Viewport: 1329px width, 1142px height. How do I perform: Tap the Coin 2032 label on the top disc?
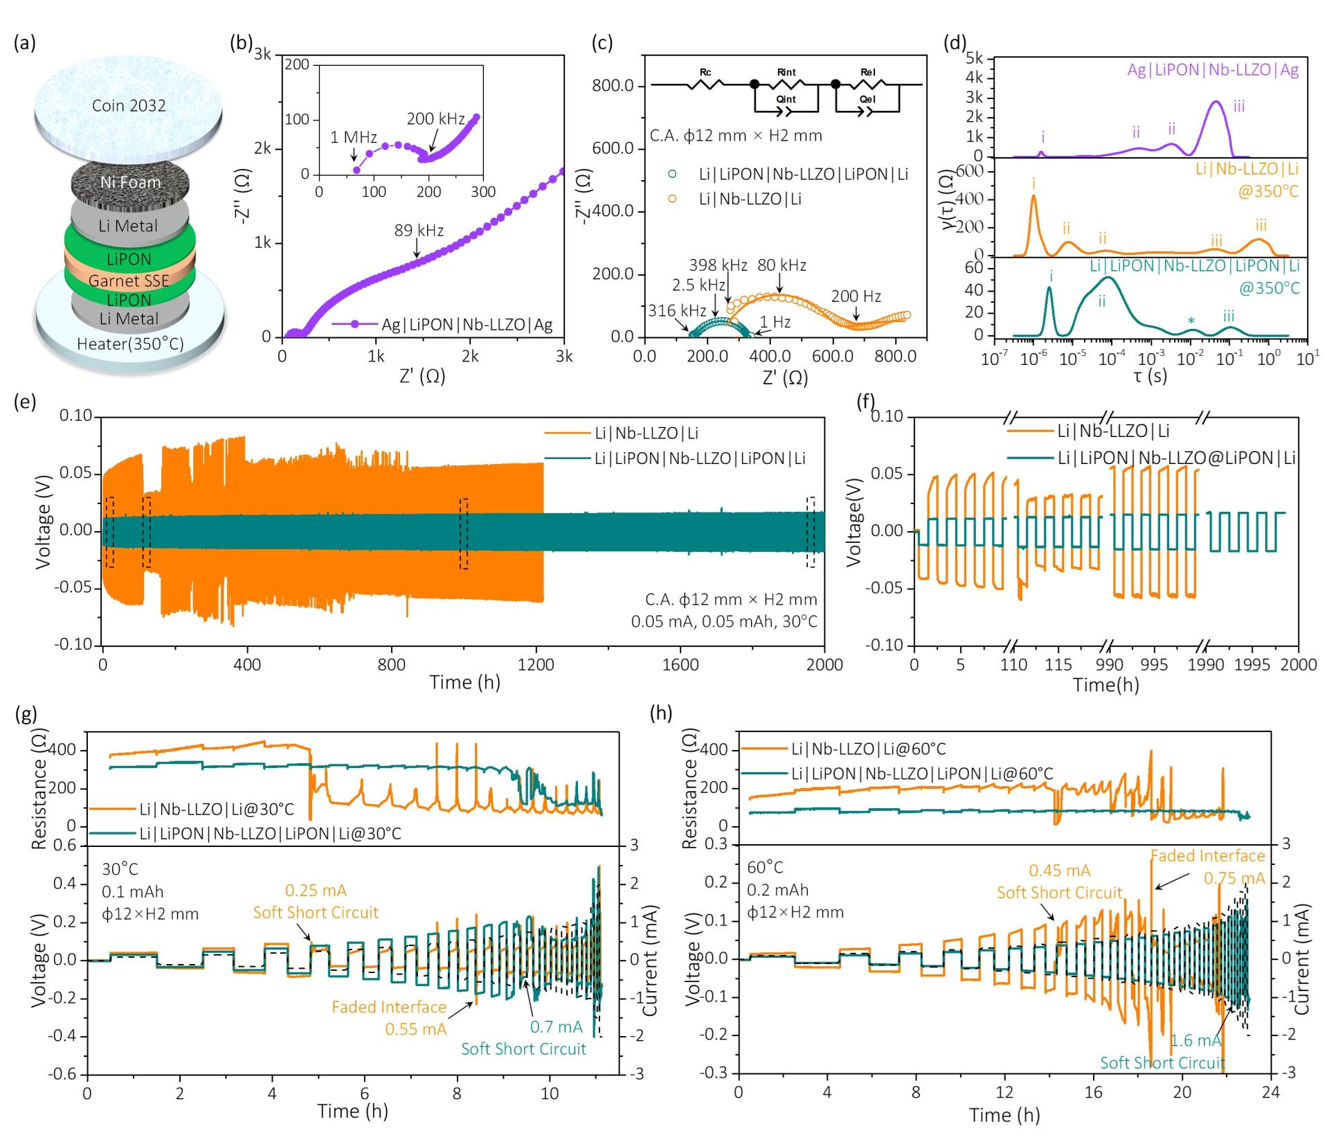[x=129, y=105]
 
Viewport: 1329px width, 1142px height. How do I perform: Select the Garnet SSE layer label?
[x=129, y=280]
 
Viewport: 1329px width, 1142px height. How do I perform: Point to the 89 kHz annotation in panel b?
[x=419, y=231]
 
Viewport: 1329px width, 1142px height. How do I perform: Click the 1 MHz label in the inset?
[x=353, y=138]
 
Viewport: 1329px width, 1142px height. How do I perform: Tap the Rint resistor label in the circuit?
[x=786, y=72]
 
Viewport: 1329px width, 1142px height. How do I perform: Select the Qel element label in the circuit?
[x=868, y=99]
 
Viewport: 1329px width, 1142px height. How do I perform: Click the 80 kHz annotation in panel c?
[x=782, y=265]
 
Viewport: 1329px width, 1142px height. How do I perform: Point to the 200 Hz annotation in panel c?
[x=856, y=296]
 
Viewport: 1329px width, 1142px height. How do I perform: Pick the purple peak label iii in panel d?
[x=1239, y=106]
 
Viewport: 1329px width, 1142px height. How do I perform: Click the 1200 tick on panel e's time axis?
[x=536, y=665]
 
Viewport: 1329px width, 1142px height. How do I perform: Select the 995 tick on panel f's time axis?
[x=1152, y=665]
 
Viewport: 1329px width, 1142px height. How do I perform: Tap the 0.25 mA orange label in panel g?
[x=316, y=891]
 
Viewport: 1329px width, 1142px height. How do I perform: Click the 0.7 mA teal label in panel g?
[x=557, y=1026]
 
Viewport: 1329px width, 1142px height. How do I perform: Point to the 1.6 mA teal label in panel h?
[x=1195, y=1041]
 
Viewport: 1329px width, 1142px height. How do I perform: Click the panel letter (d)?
[x=955, y=43]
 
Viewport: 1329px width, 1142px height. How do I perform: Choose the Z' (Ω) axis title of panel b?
[x=422, y=376]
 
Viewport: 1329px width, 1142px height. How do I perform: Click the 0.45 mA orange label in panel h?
[x=1059, y=871]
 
